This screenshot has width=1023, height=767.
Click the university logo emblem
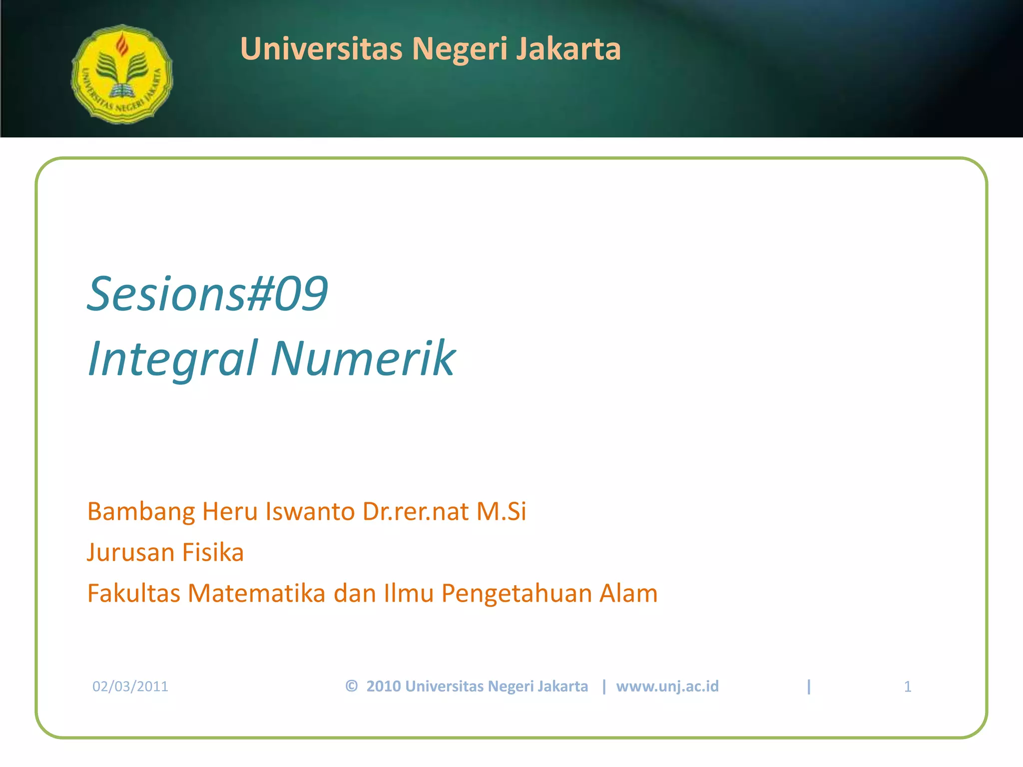[122, 74]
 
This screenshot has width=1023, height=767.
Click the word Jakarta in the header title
[568, 49]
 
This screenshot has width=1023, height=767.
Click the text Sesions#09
[207, 294]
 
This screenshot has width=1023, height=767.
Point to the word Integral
[173, 358]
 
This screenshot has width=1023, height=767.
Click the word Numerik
[363, 358]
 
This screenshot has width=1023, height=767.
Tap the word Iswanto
[310, 511]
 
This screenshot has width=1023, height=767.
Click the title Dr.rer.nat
[416, 511]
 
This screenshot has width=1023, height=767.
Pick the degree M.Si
[501, 511]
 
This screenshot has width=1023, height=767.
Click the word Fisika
[213, 552]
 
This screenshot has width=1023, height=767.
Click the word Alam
[628, 593]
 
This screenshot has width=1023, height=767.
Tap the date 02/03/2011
[130, 686]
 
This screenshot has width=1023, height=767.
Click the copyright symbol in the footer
[351, 686]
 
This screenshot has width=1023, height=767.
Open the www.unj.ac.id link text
[667, 687]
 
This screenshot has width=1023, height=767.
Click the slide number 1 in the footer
[907, 687]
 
